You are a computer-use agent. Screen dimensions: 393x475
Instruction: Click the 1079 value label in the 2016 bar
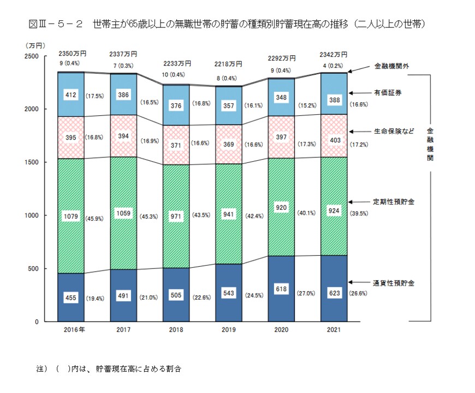coord(71,215)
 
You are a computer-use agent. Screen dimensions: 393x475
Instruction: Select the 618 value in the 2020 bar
coord(281,289)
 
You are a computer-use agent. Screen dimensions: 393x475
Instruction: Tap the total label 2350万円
coord(72,54)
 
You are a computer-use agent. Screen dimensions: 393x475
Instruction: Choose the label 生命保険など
coord(394,131)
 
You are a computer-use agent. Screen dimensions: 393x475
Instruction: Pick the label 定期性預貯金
coord(394,202)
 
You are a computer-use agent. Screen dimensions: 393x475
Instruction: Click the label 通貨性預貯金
coord(394,283)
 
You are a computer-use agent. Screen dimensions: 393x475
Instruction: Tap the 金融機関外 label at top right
coord(390,66)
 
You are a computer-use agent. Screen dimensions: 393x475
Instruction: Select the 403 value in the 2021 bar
coord(333,140)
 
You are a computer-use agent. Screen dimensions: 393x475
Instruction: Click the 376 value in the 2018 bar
coord(176,106)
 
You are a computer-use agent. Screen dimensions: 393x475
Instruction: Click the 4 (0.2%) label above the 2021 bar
coord(334,64)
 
